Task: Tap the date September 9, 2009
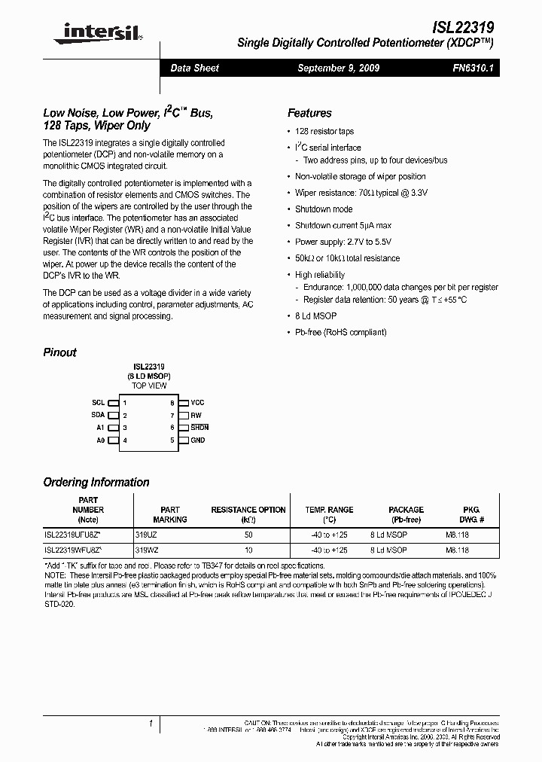pyautogui.click(x=338, y=69)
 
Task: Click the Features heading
pyautogui.click(x=309, y=113)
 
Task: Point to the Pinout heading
pyautogui.click(x=59, y=352)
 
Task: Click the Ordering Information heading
pyautogui.click(x=96, y=483)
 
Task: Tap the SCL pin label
pyautogui.click(x=98, y=403)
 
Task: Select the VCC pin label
pyautogui.click(x=197, y=403)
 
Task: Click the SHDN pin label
pyautogui.click(x=199, y=428)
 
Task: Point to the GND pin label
pyautogui.click(x=197, y=440)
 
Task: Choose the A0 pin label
pyautogui.click(x=100, y=440)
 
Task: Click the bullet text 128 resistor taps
pyautogui.click(x=324, y=132)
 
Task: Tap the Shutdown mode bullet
pyautogui.click(x=323, y=209)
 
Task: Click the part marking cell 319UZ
pyautogui.click(x=146, y=534)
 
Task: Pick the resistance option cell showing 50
pyautogui.click(x=248, y=534)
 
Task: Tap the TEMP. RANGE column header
pyautogui.click(x=329, y=510)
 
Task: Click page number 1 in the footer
pyautogui.click(x=151, y=724)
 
